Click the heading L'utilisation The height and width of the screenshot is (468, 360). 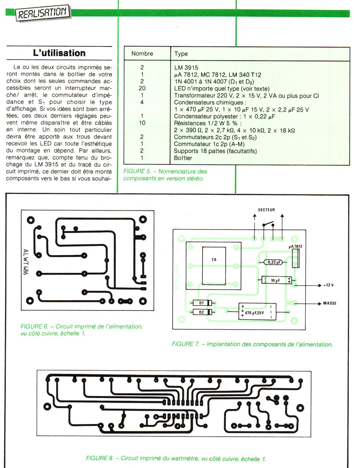[59, 53]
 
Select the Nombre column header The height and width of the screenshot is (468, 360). [142, 54]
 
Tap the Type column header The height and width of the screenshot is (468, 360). [181, 54]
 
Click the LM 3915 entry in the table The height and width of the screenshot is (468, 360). [186, 68]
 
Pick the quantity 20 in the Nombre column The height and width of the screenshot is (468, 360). [142, 88]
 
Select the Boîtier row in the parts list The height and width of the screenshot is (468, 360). [183, 158]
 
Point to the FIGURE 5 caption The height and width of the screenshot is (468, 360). [165, 175]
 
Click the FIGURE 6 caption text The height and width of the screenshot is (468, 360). [81, 330]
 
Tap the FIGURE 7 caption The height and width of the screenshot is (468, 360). [252, 344]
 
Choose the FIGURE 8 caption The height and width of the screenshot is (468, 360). [176, 458]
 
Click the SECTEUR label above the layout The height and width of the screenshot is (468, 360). [266, 210]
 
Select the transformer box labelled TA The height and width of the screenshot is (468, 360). [214, 266]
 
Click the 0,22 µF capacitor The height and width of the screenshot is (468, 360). [273, 262]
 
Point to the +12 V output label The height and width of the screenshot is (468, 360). [329, 285]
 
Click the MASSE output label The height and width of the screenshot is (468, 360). [329, 303]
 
